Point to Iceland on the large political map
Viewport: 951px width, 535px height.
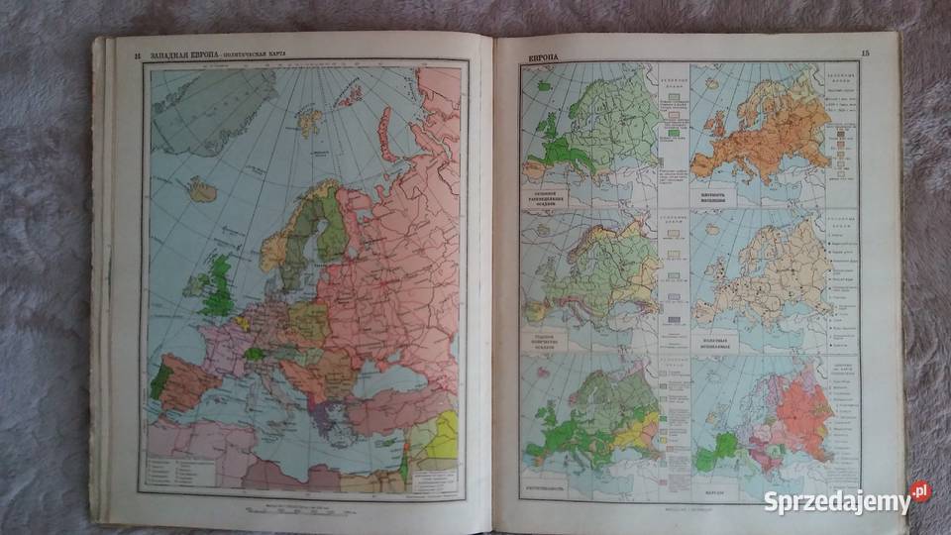pyautogui.click(x=203, y=189)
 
